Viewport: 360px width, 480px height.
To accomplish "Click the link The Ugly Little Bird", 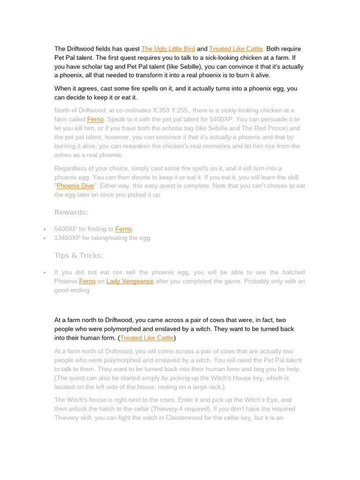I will pos(168,49).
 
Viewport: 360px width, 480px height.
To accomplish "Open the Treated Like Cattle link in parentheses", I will pos(147,337).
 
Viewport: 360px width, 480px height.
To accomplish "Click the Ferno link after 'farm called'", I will pos(95,120).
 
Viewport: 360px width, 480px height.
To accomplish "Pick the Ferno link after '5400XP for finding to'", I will pos(124,229).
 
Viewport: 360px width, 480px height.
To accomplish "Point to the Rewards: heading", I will pos(71,212).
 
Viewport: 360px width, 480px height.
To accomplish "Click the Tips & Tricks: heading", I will pos(79,255).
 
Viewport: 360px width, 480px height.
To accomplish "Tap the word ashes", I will pos(63,155).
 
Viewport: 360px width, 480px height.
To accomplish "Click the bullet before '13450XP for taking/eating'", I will pos(44,239).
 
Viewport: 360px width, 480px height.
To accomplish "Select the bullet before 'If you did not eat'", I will pos(44,273).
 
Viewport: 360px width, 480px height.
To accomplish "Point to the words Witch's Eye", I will pos(262,400).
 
